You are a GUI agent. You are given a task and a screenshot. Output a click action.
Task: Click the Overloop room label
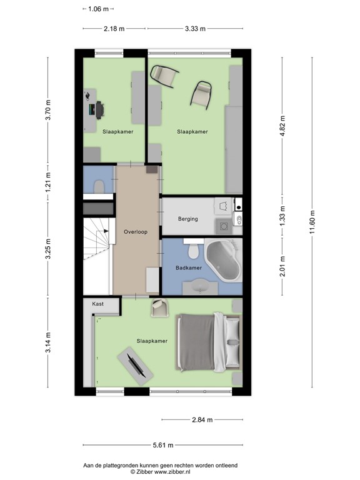[x=136, y=232]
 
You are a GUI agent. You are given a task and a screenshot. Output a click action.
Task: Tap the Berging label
[x=188, y=219]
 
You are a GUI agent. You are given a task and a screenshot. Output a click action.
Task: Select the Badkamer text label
[x=189, y=268]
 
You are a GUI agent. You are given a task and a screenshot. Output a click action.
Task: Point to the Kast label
[x=98, y=304]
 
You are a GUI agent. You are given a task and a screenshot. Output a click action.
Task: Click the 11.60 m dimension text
[x=312, y=222]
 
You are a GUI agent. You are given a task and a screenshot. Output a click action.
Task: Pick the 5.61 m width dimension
[x=163, y=445]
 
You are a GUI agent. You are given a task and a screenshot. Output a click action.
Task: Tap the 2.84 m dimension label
[x=202, y=420]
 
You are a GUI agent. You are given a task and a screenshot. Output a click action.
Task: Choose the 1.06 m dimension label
[x=98, y=9]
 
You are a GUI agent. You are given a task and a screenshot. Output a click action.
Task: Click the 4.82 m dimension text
[x=282, y=126]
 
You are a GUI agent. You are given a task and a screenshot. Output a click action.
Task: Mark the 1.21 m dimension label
[x=47, y=182]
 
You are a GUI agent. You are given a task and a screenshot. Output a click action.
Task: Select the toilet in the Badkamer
[x=193, y=249]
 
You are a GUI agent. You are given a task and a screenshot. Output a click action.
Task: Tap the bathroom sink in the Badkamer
[x=200, y=287]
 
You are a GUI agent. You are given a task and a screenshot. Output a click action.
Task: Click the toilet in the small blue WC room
[x=99, y=187]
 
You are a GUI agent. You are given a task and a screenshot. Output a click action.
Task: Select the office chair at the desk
[x=100, y=110]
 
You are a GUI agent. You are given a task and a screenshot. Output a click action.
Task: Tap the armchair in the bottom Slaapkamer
[x=160, y=307]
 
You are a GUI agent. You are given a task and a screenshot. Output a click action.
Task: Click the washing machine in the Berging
[x=224, y=226]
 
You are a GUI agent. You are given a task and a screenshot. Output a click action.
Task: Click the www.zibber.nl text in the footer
[x=172, y=472]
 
